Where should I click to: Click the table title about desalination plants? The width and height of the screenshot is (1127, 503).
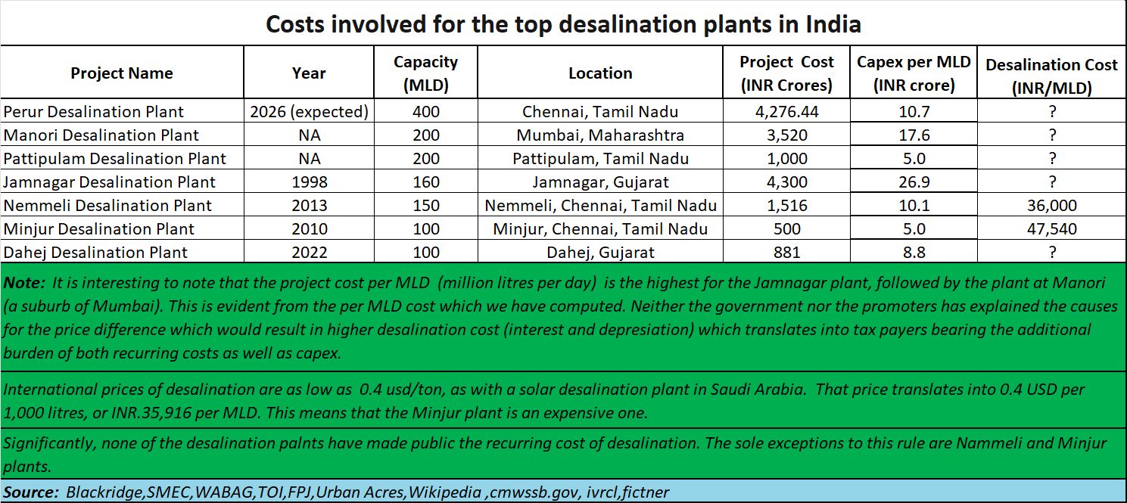click(563, 24)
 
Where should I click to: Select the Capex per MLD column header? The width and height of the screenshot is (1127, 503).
click(914, 73)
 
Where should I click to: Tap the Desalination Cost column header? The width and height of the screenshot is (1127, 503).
click(1051, 76)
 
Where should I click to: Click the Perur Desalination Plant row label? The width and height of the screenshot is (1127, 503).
click(94, 112)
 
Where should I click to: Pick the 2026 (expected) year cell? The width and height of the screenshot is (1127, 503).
click(309, 112)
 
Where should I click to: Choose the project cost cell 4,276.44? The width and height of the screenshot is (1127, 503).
click(786, 112)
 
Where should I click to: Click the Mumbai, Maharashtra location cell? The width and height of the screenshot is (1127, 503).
click(600, 135)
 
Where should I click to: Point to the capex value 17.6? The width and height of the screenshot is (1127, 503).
click(914, 135)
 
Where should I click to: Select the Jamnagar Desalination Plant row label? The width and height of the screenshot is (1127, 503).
click(110, 182)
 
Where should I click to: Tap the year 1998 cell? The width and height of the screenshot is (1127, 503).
click(309, 182)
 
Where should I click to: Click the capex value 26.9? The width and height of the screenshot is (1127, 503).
click(914, 182)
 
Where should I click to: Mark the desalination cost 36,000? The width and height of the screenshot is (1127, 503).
click(1051, 206)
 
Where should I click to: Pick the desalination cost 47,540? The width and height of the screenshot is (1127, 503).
click(1051, 229)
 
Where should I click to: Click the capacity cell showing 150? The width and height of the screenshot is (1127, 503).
click(425, 206)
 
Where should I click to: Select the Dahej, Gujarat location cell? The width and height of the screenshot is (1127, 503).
click(600, 253)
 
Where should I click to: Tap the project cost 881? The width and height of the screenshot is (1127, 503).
click(786, 253)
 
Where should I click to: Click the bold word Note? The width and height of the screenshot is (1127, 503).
click(23, 283)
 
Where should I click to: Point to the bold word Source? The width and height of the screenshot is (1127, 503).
click(31, 492)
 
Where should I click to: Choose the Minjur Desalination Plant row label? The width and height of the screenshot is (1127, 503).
click(99, 229)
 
